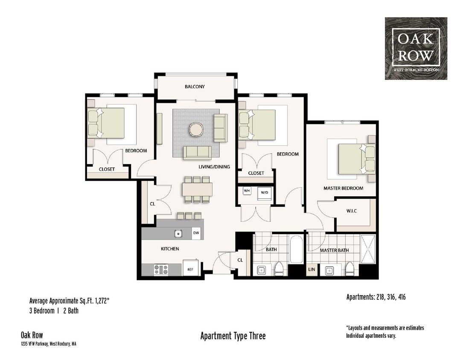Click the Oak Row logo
pos(416,48)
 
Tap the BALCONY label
pos(195,87)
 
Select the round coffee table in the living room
pos(197,129)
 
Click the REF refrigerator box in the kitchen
pos(190,269)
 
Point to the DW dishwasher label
pos(196,233)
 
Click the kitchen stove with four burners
pos(161,269)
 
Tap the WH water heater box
pos(247,191)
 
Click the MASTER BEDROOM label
pos(343,188)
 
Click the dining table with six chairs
pos(197,189)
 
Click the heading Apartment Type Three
pos(233,336)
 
